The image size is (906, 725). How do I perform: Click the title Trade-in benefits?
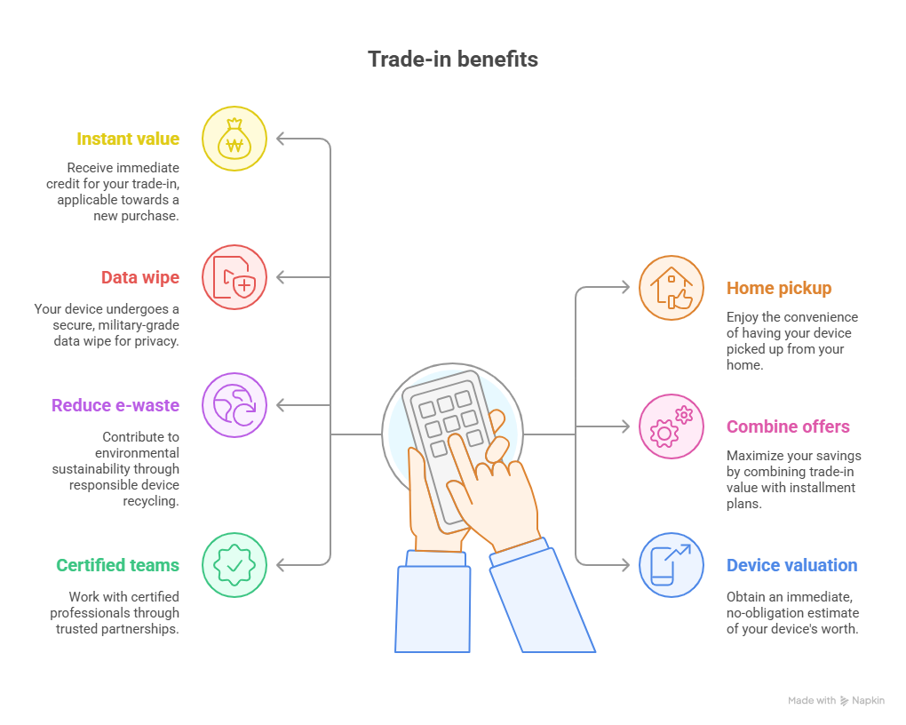click(x=453, y=60)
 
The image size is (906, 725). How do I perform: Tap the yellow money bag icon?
click(x=234, y=139)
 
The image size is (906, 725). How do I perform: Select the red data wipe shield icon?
click(x=234, y=277)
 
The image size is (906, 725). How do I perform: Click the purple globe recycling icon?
click(x=234, y=405)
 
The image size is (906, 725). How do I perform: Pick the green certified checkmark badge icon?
click(x=234, y=565)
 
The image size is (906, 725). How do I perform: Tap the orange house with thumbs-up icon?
click(x=672, y=288)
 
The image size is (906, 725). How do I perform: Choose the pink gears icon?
click(x=672, y=426)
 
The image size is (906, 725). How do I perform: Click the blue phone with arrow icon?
click(x=672, y=565)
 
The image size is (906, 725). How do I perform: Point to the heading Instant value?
click(x=128, y=139)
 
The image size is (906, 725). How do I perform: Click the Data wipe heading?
click(x=139, y=277)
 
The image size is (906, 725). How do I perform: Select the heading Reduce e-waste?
click(x=115, y=405)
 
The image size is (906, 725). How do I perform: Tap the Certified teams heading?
click(x=117, y=565)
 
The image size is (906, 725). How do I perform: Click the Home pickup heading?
click(x=779, y=288)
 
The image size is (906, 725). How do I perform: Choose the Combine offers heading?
click(x=788, y=426)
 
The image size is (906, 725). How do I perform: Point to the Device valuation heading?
click(x=791, y=565)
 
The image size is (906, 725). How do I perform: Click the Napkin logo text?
click(x=868, y=701)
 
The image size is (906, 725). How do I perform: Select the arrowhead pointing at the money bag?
click(x=281, y=139)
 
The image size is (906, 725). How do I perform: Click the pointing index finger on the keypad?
click(x=459, y=444)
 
